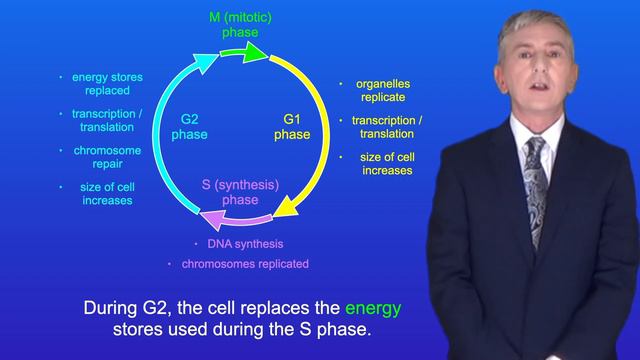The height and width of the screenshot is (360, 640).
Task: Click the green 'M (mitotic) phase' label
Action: (x=239, y=26)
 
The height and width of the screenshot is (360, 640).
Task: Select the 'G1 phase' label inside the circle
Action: (x=292, y=127)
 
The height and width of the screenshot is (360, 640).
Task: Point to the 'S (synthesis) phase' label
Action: (x=240, y=191)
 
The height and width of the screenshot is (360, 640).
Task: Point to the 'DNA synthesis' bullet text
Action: (x=245, y=244)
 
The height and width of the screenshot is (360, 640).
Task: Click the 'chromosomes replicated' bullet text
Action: (x=245, y=264)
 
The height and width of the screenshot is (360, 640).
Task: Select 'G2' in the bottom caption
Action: (x=167, y=307)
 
